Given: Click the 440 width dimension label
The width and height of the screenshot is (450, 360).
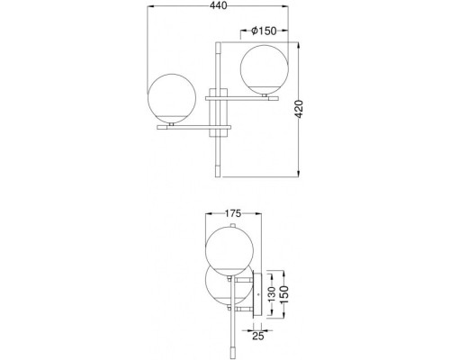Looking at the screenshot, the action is point(218,5).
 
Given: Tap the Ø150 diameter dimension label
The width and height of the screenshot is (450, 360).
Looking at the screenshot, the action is point(264,31).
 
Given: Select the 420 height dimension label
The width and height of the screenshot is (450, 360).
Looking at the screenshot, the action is point(299,109).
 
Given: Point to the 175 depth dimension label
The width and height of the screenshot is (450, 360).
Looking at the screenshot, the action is point(233,213).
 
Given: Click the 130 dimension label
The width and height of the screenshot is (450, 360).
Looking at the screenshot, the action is point(272,294).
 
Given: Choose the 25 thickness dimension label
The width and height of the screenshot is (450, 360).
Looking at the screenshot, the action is point(257,337).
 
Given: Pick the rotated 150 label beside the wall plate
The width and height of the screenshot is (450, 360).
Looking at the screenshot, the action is point(284,294).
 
